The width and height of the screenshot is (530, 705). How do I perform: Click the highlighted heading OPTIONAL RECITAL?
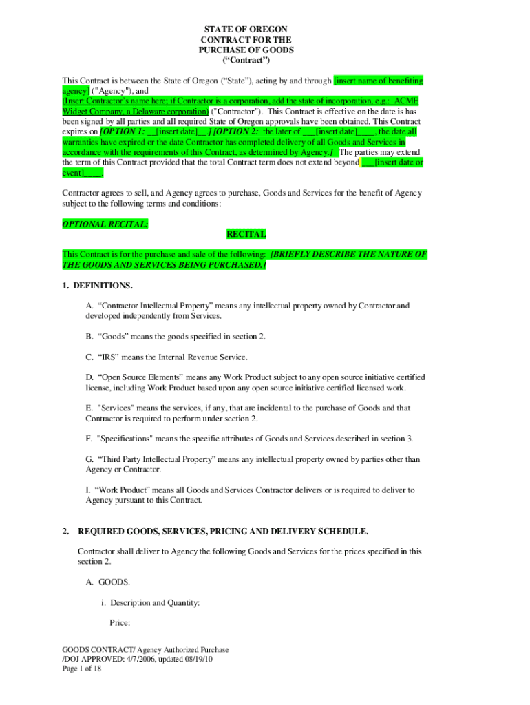click(105, 224)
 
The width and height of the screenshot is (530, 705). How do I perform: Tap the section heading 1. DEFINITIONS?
click(97, 285)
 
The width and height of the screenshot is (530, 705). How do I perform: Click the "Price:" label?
click(120, 624)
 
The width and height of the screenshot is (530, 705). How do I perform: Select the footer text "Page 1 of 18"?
click(82, 669)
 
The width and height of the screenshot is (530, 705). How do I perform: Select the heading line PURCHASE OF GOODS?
click(246, 50)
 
